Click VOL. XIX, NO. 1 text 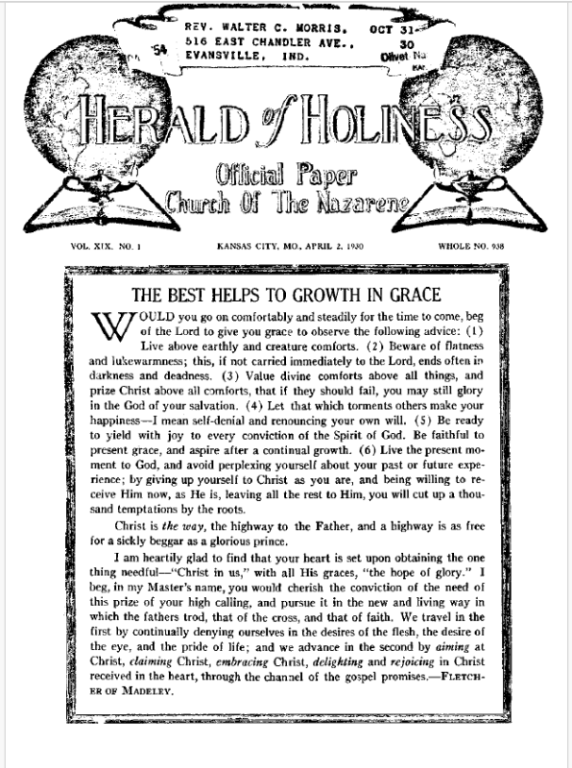coord(105,247)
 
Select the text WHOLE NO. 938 coord(473,247)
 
